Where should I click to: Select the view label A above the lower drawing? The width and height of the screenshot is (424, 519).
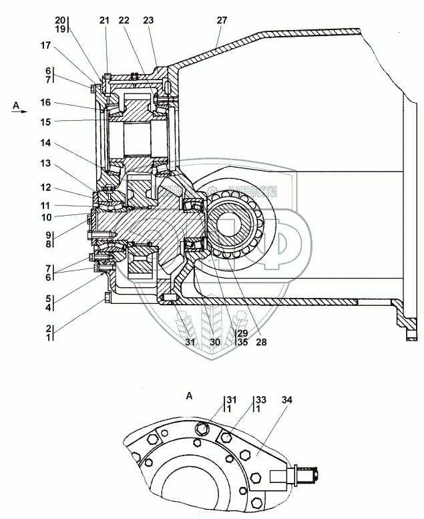[189, 396]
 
